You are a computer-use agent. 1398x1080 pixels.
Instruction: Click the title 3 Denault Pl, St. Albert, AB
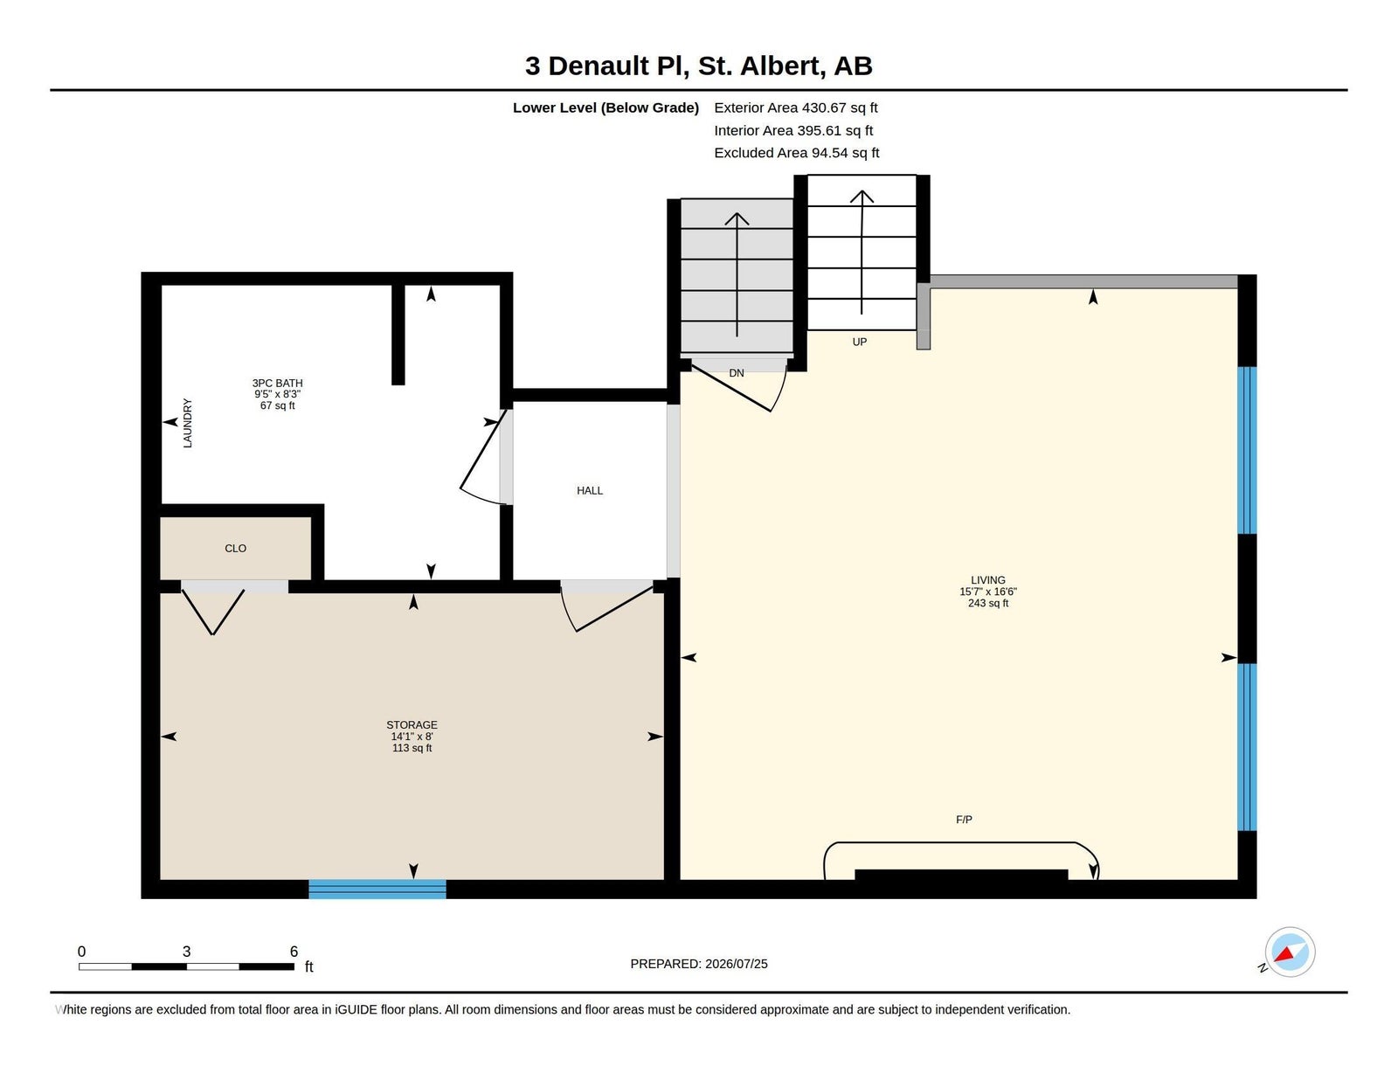pos(698,66)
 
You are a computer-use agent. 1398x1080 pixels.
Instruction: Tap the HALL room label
pos(589,491)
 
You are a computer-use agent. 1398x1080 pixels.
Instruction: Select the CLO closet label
pos(235,548)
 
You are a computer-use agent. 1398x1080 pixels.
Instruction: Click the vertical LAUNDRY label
pos(187,423)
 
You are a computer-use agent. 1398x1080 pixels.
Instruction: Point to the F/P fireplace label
pos(964,820)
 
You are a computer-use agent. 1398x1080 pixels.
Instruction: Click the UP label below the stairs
pos(860,343)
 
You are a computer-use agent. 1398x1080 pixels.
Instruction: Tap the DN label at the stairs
pos(737,373)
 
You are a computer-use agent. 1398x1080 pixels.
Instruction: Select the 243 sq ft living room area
pos(988,604)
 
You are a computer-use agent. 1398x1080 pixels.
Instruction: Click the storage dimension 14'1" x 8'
pos(412,737)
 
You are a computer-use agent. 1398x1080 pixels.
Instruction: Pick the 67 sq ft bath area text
pos(277,406)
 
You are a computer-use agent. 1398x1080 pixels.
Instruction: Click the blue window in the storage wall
pos(377,889)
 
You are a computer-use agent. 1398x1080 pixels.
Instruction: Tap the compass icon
pos(1290,952)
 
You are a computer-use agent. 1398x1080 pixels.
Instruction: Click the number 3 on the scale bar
pos(187,952)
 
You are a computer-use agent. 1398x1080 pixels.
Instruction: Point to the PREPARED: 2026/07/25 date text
pos(699,964)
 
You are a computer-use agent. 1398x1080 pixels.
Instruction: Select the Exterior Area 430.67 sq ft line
pos(796,108)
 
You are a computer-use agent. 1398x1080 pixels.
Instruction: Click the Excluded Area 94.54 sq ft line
pos(797,153)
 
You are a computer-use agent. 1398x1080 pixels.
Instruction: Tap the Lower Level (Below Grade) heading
pos(606,108)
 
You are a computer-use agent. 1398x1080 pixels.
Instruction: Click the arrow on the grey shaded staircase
pos(737,274)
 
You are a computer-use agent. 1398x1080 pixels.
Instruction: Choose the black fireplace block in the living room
pos(961,875)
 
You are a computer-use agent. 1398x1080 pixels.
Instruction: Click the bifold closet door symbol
pos(213,612)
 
